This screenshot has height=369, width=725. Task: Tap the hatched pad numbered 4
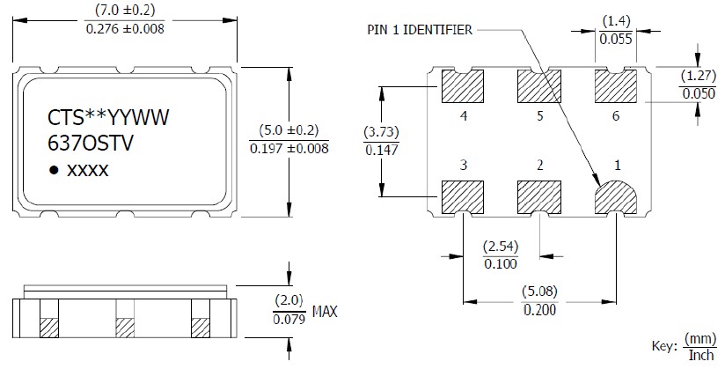click(463, 87)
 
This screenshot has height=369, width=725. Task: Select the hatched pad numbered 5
click(539, 87)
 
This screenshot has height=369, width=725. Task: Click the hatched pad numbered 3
click(463, 197)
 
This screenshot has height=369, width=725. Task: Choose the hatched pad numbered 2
click(539, 197)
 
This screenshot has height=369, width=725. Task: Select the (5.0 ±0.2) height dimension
click(289, 130)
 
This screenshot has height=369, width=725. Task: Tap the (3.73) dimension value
click(381, 133)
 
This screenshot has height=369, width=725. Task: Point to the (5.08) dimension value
click(539, 292)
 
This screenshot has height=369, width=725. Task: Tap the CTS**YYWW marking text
click(101, 117)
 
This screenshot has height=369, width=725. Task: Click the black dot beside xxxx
click(54, 171)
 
